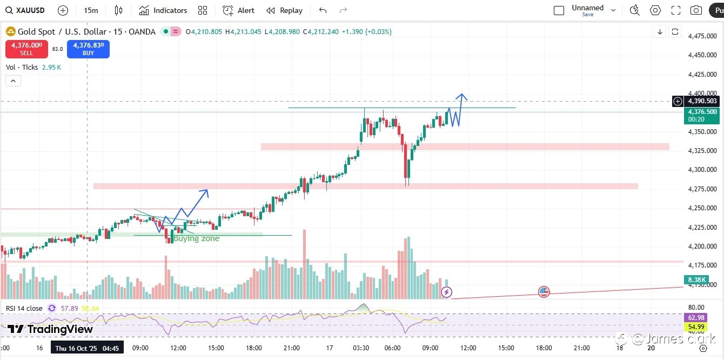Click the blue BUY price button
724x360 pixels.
88,49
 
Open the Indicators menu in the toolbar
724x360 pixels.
163,10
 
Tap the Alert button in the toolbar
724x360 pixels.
239,10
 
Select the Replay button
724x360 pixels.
285,10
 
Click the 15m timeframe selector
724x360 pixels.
91,10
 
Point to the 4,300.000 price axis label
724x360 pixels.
702,170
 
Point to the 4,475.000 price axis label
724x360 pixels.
702,36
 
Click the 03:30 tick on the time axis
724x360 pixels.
361,348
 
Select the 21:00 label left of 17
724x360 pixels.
292,348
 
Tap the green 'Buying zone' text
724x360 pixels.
196,238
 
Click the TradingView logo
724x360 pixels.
50,329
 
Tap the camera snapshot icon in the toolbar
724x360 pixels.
696,10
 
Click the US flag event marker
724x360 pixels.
544,292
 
